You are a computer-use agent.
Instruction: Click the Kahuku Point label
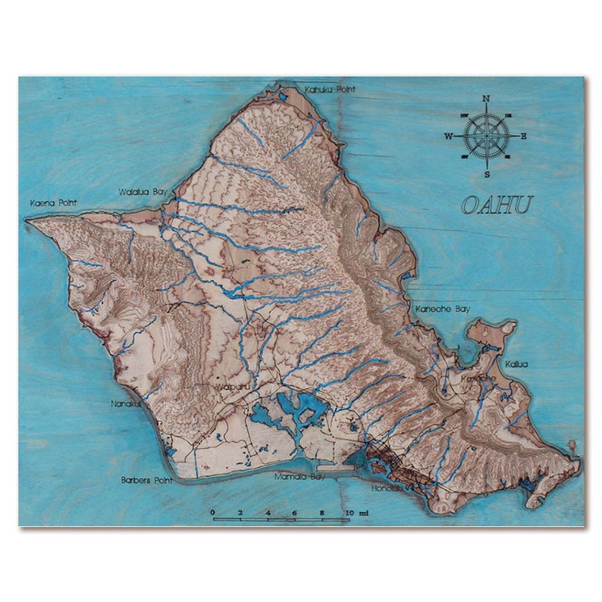(330, 90)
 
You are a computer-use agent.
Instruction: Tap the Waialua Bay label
(142, 192)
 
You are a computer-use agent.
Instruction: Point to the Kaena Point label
(54, 203)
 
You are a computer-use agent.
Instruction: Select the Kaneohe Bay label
(443, 309)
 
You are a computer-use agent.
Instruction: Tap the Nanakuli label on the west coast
(126, 404)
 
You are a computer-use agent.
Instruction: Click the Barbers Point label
(146, 481)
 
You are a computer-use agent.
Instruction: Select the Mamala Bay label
(299, 478)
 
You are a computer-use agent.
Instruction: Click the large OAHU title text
(497, 205)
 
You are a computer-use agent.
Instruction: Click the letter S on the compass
(486, 174)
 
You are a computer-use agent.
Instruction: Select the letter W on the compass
(448, 136)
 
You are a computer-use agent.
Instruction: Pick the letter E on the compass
(523, 136)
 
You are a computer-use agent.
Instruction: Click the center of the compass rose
(486, 136)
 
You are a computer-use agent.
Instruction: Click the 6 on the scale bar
(294, 513)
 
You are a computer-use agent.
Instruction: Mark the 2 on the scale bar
(240, 513)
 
